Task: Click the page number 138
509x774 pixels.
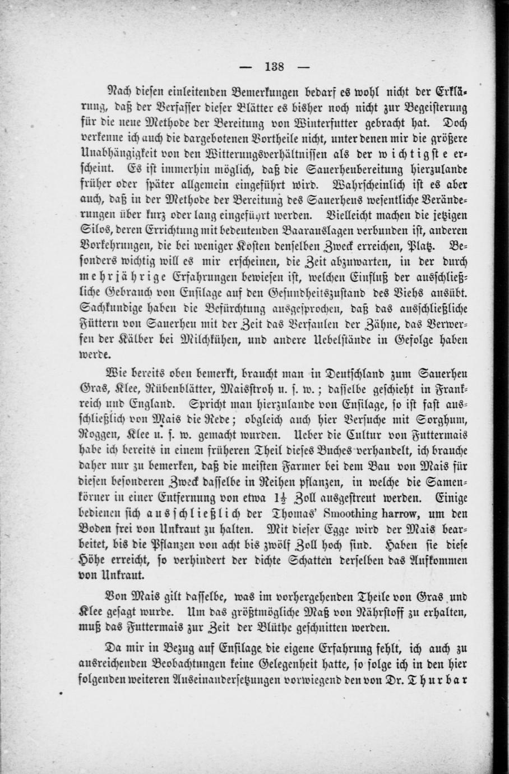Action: [274, 67]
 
